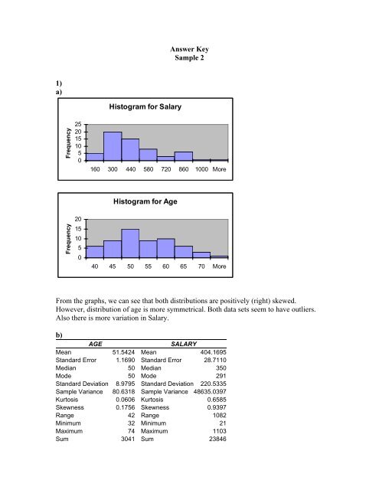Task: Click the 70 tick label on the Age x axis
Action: tap(201, 267)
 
